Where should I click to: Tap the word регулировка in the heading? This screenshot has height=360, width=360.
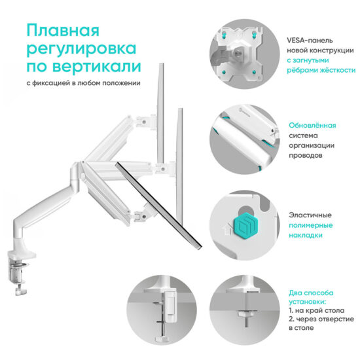[82, 50]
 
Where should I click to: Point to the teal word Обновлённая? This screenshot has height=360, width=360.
[312, 125]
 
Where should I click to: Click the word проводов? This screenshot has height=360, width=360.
[307, 156]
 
